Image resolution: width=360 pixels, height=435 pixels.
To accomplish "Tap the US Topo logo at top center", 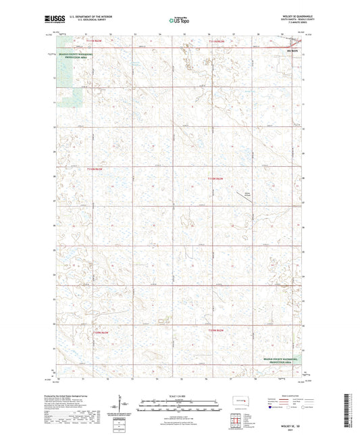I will click(x=179, y=21).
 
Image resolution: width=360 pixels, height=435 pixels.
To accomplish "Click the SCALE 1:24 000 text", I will click(x=180, y=396).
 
